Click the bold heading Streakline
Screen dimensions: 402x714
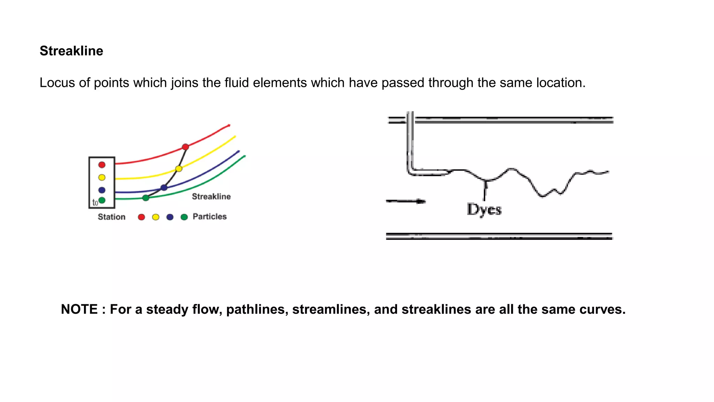coord(71,51)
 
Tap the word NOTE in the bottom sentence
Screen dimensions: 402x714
coord(79,309)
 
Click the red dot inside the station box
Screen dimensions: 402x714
coord(102,165)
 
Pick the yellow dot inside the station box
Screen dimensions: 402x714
coord(102,177)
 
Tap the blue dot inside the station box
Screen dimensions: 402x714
coord(102,190)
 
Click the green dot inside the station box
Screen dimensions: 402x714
coord(102,200)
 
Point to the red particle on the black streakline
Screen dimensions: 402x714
coord(185,147)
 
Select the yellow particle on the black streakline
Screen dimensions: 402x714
coord(179,169)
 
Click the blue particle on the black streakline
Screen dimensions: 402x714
coord(164,188)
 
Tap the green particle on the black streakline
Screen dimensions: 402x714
coord(146,198)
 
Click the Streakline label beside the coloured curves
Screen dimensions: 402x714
coord(211,196)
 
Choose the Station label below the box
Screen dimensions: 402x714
coord(112,217)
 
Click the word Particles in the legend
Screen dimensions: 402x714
coord(210,216)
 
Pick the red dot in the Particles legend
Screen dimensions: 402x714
coord(141,217)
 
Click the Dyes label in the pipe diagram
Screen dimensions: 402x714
coord(484,209)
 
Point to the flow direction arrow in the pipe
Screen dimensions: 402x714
coord(406,201)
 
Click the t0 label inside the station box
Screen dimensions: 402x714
coord(95,202)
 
